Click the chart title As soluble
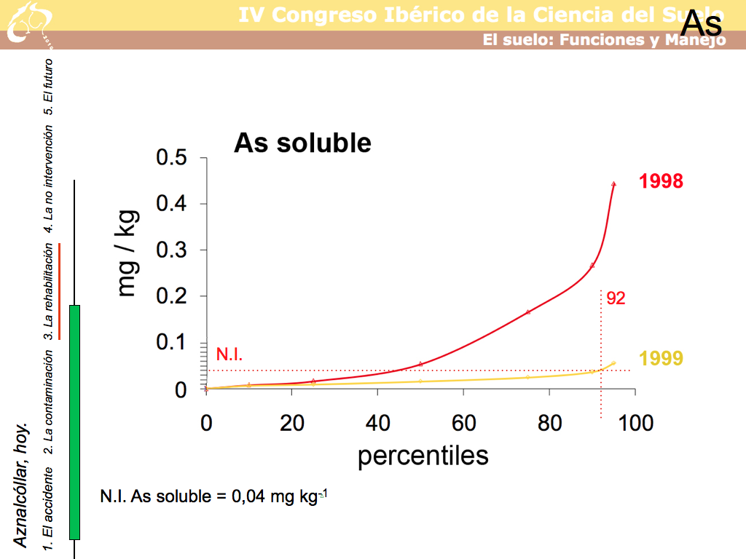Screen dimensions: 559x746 (302, 143)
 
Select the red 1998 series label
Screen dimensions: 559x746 (661, 181)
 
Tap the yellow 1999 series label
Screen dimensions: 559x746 (661, 358)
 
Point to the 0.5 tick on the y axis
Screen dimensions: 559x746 (172, 158)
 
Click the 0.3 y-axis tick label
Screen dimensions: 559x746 (172, 250)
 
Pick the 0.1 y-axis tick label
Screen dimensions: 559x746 (172, 343)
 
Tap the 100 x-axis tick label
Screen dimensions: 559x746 (635, 423)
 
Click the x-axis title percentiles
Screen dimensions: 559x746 (423, 456)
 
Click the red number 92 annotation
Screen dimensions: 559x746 (616, 298)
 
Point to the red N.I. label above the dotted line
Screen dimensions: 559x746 (229, 355)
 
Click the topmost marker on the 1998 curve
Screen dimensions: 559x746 (613, 184)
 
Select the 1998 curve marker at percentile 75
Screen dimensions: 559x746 (528, 312)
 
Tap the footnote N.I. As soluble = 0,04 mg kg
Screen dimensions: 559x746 (213, 497)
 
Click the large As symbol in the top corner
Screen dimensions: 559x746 (701, 25)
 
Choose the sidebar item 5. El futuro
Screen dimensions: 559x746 (48, 88)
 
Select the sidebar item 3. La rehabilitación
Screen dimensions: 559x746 (48, 288)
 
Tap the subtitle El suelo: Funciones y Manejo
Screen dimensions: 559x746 (604, 40)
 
